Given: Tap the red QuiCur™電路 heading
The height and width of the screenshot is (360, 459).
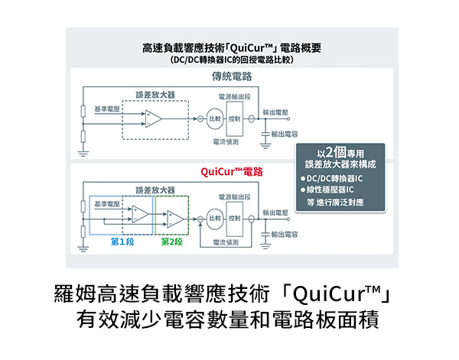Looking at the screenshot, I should (x=232, y=173).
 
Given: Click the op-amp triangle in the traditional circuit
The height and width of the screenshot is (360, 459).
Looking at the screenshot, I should (x=154, y=118).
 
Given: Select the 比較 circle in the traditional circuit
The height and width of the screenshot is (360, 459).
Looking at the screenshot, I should (x=216, y=118).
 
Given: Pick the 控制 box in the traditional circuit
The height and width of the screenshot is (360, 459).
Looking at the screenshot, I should (x=235, y=118).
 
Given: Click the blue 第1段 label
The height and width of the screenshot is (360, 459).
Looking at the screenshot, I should (x=122, y=241).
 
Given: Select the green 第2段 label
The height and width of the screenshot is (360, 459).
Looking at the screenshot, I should (x=171, y=241).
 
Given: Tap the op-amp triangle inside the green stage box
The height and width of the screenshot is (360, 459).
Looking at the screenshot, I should (x=174, y=219).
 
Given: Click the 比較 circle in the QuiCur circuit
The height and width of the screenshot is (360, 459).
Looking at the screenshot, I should (x=216, y=219).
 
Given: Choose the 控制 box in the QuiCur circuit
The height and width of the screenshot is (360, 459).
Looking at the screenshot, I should (x=235, y=219).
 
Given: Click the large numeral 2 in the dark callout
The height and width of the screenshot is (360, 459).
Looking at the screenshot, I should (x=330, y=150).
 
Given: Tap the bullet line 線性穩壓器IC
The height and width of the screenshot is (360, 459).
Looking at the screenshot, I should (x=337, y=190).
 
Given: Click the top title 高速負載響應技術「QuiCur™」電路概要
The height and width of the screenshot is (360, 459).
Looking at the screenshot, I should (x=232, y=47).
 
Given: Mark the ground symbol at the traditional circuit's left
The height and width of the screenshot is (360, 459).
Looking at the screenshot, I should (x=83, y=151).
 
